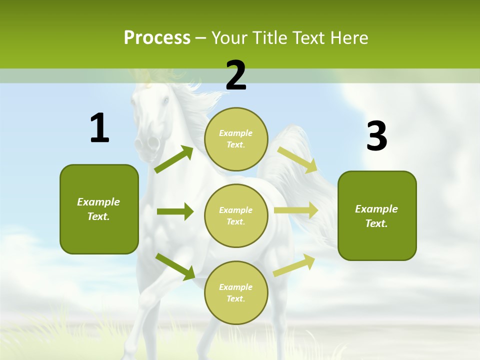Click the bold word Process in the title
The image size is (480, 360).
(x=157, y=38)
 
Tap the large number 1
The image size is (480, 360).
(x=99, y=128)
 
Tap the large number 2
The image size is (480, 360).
(x=236, y=75)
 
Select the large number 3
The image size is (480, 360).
(x=376, y=136)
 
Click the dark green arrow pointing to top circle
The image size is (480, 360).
(x=174, y=159)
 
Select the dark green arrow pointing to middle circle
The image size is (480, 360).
(x=175, y=211)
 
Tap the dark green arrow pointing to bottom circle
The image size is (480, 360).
(x=175, y=266)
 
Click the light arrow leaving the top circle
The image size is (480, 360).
(x=297, y=159)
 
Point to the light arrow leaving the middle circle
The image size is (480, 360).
(x=296, y=210)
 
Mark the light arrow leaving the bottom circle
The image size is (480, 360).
(x=294, y=265)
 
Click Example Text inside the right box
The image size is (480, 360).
(x=376, y=216)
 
